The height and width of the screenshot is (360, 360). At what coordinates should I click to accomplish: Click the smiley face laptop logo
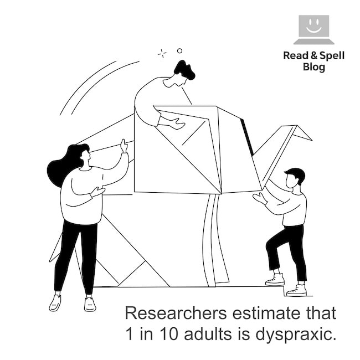point(314,29)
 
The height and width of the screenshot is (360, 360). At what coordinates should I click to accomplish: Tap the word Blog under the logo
point(314,67)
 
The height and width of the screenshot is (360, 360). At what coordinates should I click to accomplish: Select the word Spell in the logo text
point(332,55)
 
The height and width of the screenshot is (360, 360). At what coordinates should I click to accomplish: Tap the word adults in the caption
point(208,333)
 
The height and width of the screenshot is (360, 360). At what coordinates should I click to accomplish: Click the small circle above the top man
point(180,51)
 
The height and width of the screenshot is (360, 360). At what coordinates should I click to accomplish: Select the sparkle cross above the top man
point(162,54)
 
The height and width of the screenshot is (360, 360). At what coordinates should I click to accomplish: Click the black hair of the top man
point(184,70)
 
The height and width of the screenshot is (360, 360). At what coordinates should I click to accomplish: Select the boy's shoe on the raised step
point(275,279)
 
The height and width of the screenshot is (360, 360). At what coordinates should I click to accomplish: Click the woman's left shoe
point(55,302)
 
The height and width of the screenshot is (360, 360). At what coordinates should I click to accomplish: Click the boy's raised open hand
point(260,198)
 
